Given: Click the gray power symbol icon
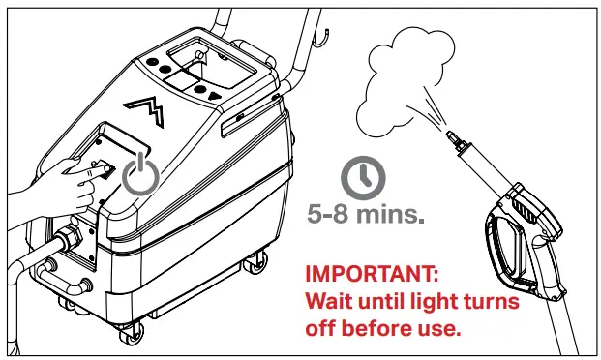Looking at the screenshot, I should (x=141, y=174).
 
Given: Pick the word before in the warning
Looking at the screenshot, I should (x=382, y=328).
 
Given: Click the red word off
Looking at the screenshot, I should (x=320, y=328).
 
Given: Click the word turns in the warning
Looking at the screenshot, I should (x=487, y=301).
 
